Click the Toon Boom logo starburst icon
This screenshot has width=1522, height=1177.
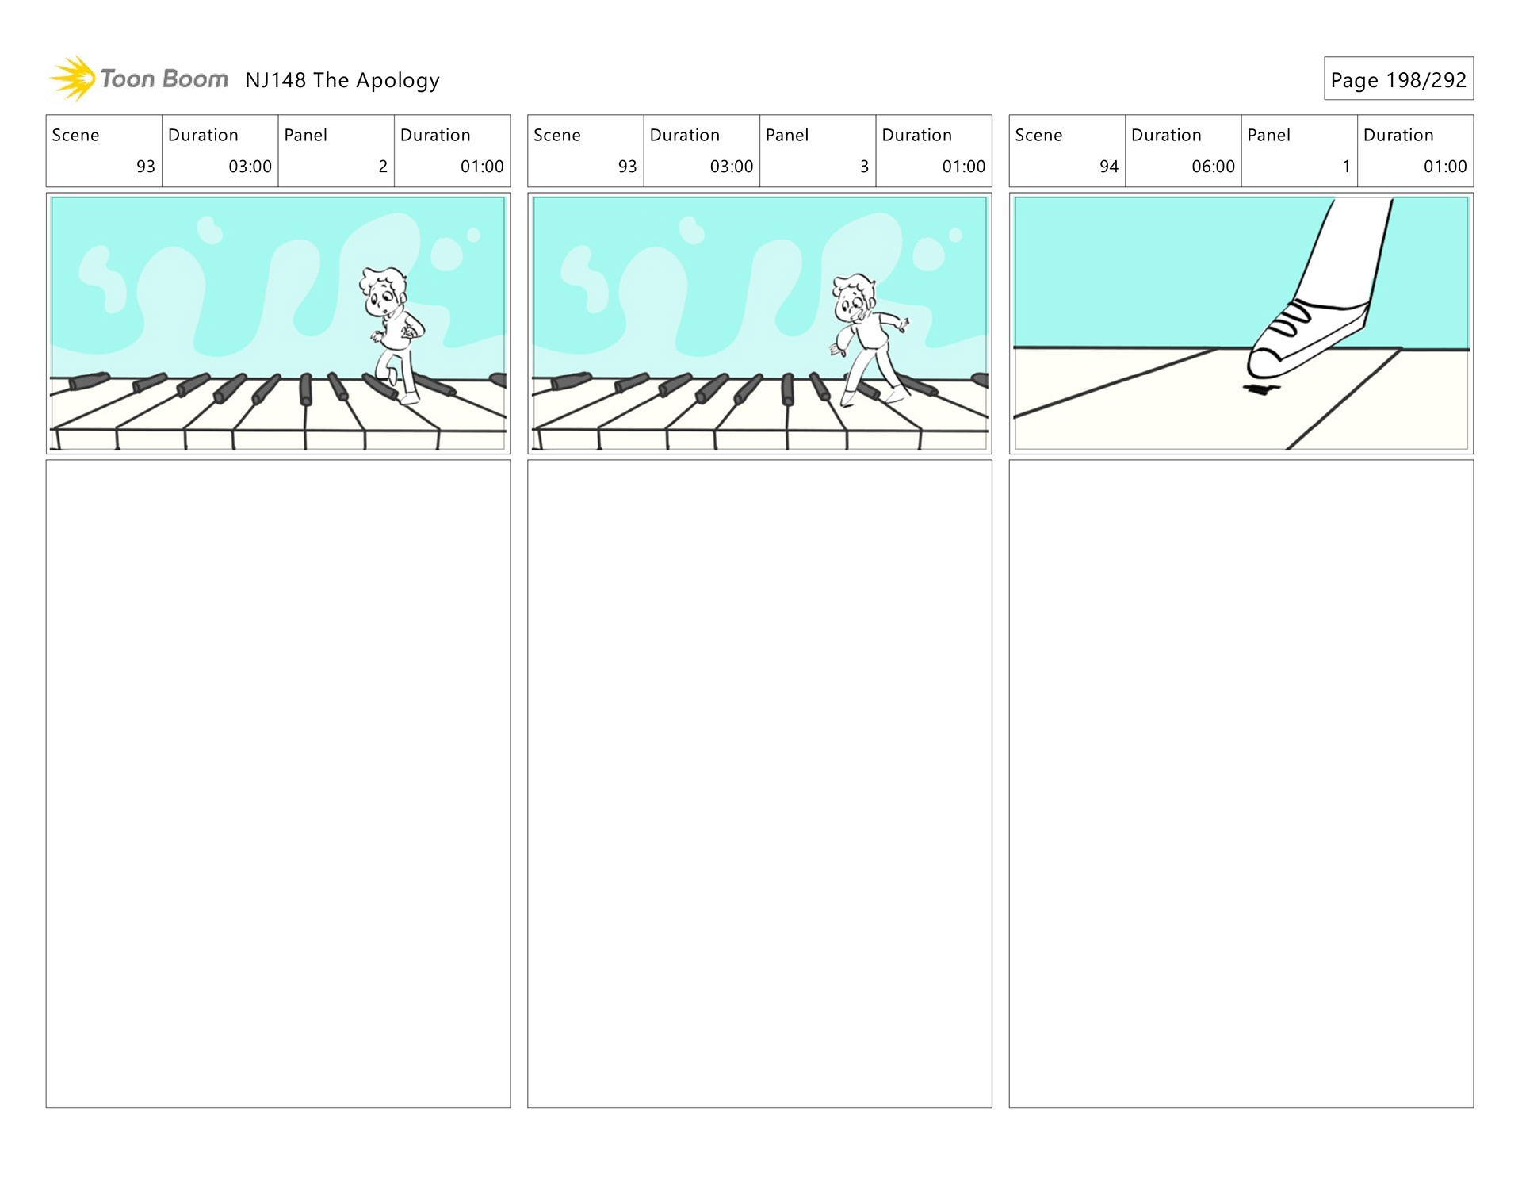click(x=74, y=79)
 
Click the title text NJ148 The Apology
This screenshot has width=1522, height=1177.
click(x=342, y=80)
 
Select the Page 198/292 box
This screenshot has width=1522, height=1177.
click(x=1398, y=79)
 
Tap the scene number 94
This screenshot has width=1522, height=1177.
click(x=1108, y=167)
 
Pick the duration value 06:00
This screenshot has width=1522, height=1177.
click(x=1213, y=167)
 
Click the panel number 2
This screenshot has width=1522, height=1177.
click(x=383, y=167)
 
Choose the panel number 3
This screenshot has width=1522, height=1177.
click(x=864, y=167)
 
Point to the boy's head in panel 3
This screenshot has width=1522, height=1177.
click(x=854, y=297)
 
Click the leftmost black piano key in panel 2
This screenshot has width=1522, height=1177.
click(x=89, y=381)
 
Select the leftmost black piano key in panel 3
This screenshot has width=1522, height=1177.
click(x=571, y=381)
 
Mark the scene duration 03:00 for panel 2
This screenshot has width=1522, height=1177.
click(x=250, y=167)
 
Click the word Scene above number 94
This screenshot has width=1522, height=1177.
click(x=1038, y=136)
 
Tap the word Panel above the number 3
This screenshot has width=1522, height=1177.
click(x=787, y=136)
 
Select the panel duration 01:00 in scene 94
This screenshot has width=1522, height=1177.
click(x=1444, y=167)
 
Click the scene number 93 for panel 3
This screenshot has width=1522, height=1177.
click(x=627, y=167)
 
